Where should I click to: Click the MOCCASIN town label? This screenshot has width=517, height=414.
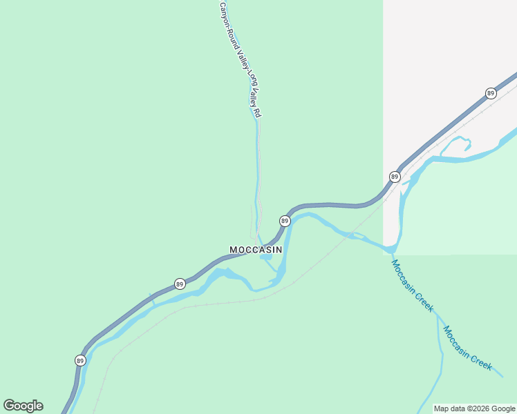pyautogui.click(x=255, y=249)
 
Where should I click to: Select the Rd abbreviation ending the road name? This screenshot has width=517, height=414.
pyautogui.click(x=257, y=112)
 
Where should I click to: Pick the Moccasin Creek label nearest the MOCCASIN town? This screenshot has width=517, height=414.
pyautogui.click(x=412, y=286)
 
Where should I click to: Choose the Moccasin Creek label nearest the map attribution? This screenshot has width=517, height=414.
pyautogui.click(x=468, y=348)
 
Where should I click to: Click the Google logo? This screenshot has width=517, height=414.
pyautogui.click(x=23, y=406)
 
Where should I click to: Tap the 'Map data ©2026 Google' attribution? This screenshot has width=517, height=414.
pyautogui.click(x=475, y=408)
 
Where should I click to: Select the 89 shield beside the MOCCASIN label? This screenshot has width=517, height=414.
pyautogui.click(x=284, y=221)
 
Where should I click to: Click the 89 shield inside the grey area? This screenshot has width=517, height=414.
pyautogui.click(x=491, y=93)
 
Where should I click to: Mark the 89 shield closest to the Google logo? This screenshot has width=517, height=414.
pyautogui.click(x=80, y=361)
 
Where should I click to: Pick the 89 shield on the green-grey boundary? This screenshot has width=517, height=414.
pyautogui.click(x=394, y=177)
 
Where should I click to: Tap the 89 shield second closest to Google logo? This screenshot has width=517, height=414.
pyautogui.click(x=180, y=284)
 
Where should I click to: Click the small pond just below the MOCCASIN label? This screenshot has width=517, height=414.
pyautogui.click(x=265, y=258)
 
